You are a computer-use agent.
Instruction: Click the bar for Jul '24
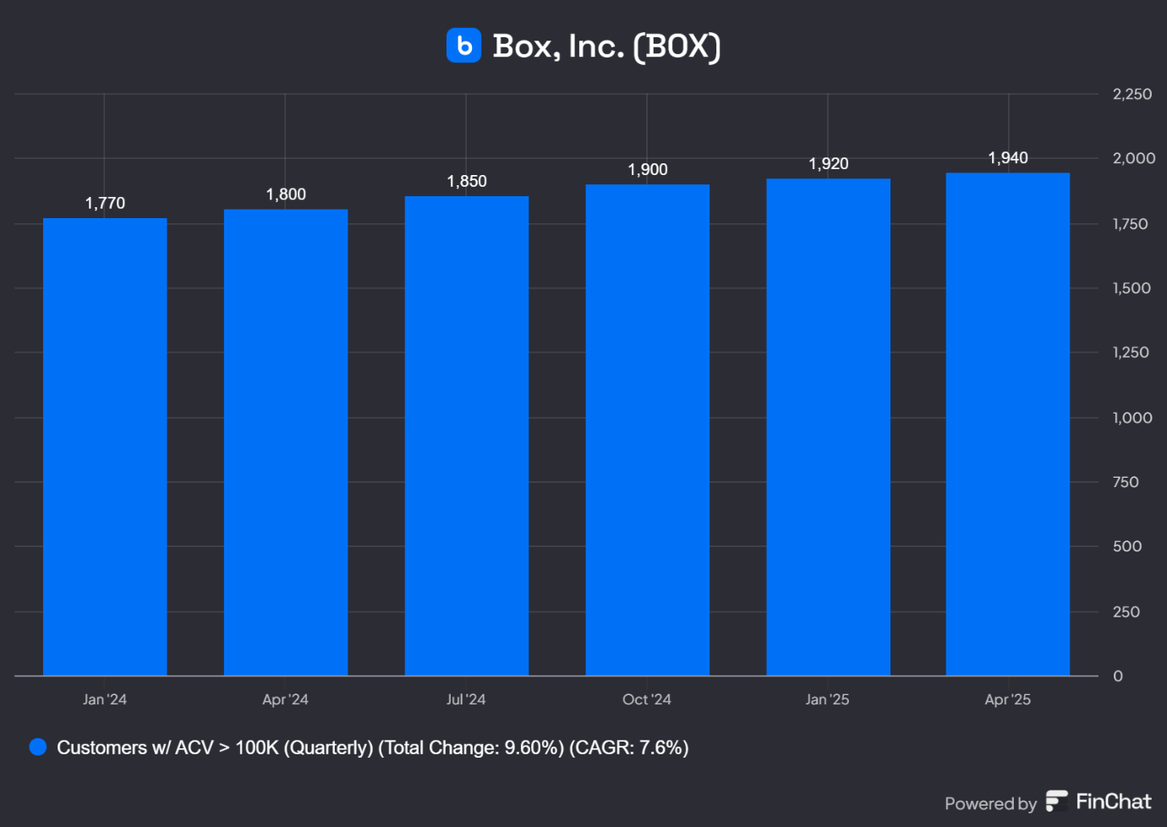(x=467, y=435)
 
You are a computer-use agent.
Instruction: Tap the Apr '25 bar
(x=1008, y=424)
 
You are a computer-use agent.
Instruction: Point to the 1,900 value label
(x=648, y=170)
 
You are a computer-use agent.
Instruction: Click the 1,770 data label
(x=105, y=203)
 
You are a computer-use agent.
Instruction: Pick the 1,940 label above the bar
(x=1008, y=158)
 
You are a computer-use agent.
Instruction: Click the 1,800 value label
(x=286, y=194)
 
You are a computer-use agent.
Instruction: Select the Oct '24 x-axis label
(x=647, y=699)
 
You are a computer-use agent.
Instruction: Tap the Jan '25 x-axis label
(x=827, y=699)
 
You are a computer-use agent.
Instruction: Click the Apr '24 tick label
(x=285, y=699)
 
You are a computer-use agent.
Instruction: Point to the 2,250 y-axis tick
(x=1132, y=94)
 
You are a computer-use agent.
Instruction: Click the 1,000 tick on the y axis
(x=1132, y=418)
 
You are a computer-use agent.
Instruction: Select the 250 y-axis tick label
(x=1126, y=611)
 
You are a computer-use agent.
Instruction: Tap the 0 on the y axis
(x=1118, y=676)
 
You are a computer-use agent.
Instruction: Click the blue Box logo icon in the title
(x=463, y=46)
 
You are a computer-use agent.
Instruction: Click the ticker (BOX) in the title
(x=677, y=47)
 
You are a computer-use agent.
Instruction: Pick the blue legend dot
(x=38, y=747)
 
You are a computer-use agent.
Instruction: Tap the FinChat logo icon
(x=1056, y=801)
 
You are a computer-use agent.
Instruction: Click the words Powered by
(x=990, y=803)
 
